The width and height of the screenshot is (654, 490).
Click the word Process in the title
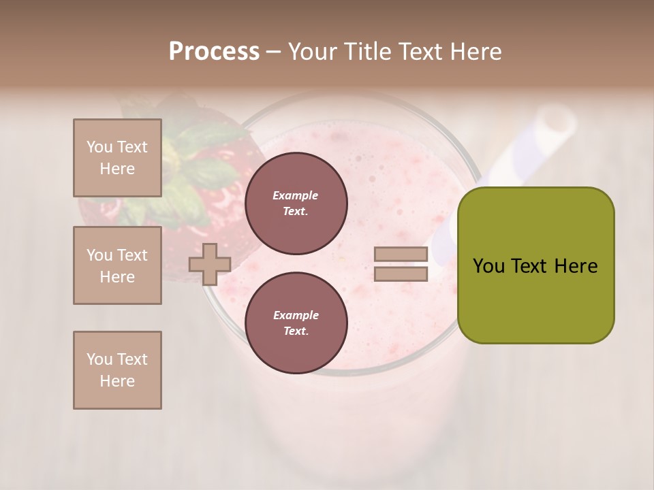coord(214,52)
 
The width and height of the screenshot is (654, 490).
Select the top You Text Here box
coord(117,158)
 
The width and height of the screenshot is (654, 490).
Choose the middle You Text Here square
coord(117,265)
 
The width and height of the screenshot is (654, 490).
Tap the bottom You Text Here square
coord(117,370)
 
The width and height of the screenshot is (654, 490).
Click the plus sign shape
coord(209,264)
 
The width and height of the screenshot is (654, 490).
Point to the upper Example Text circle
coord(296,203)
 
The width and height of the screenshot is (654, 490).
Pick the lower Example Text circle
coord(296,323)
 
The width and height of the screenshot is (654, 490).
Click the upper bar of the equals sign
coord(401,255)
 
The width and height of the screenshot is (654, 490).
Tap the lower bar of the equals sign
coord(401,274)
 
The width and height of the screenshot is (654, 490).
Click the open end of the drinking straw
coord(557,122)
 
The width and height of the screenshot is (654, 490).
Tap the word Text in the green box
coord(535,266)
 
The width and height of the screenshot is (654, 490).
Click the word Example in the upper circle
coord(295,195)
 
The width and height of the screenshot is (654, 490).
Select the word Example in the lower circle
coord(295,315)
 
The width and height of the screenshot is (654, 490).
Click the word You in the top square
coord(98,147)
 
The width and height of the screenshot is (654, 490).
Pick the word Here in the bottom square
coord(117,381)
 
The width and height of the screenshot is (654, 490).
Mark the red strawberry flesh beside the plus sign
coord(225,204)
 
